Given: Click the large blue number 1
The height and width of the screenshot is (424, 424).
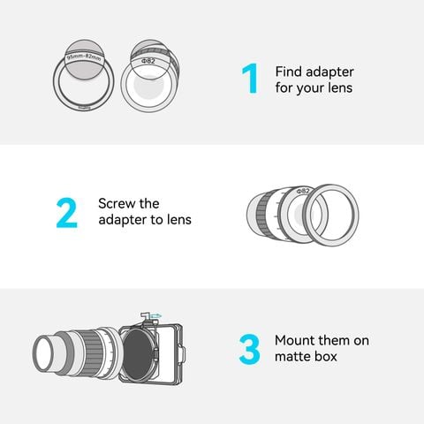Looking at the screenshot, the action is [249, 79].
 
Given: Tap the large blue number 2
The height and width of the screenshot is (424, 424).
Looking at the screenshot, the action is [67, 213].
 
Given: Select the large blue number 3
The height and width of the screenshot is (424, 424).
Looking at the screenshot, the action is [249, 349].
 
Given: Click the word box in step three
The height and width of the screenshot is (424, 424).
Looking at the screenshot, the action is [326, 356].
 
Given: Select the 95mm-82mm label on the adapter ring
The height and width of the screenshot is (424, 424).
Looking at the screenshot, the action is [84, 57].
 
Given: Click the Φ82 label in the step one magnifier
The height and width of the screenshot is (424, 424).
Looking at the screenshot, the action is [148, 61].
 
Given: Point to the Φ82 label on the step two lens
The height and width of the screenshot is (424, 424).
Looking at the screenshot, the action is [303, 191].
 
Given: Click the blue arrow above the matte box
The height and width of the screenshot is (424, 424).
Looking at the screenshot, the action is [155, 315].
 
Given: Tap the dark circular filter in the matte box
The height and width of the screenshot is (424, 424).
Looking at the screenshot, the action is [138, 354].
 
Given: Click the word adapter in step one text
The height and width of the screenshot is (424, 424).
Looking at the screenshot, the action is [329, 72].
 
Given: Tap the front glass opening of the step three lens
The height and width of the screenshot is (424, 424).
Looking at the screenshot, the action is [43, 353].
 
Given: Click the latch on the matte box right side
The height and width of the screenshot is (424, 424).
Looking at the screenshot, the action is [183, 354].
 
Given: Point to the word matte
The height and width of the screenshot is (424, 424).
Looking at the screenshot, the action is [292, 357].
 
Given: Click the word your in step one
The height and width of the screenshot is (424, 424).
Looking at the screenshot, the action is [310, 88].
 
